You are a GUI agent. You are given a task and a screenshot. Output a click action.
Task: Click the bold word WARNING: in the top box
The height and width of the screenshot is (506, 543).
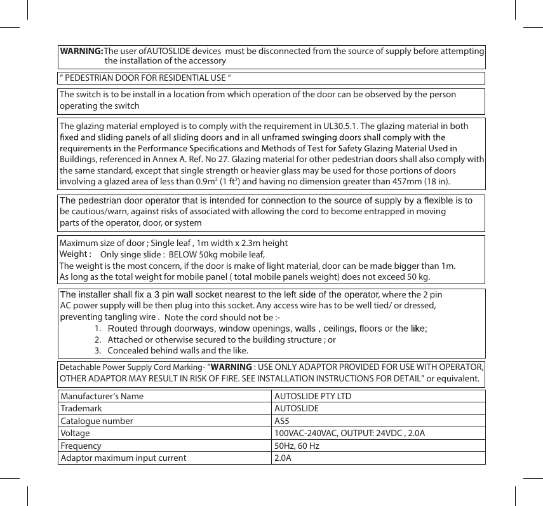click(x=81, y=50)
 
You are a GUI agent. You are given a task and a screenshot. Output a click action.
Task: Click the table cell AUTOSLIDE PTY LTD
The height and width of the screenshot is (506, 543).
click(x=312, y=397)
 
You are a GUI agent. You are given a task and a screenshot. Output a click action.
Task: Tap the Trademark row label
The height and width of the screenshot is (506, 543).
click(x=81, y=409)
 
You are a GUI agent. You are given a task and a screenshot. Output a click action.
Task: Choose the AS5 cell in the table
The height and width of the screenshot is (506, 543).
click(x=281, y=421)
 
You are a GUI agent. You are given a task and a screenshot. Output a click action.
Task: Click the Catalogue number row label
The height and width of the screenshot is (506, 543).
click(x=97, y=421)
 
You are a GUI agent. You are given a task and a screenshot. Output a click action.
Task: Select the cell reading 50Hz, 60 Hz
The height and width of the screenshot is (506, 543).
click(x=297, y=446)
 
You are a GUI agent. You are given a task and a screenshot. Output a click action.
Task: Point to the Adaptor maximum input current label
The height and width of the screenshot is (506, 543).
click(x=123, y=458)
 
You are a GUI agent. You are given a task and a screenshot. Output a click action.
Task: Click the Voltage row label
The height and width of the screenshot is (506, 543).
click(x=75, y=434)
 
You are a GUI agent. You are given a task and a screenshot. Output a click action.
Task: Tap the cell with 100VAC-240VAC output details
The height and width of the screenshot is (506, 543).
click(x=349, y=434)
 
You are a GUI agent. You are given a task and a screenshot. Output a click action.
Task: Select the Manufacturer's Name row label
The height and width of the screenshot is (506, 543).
click(x=102, y=397)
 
